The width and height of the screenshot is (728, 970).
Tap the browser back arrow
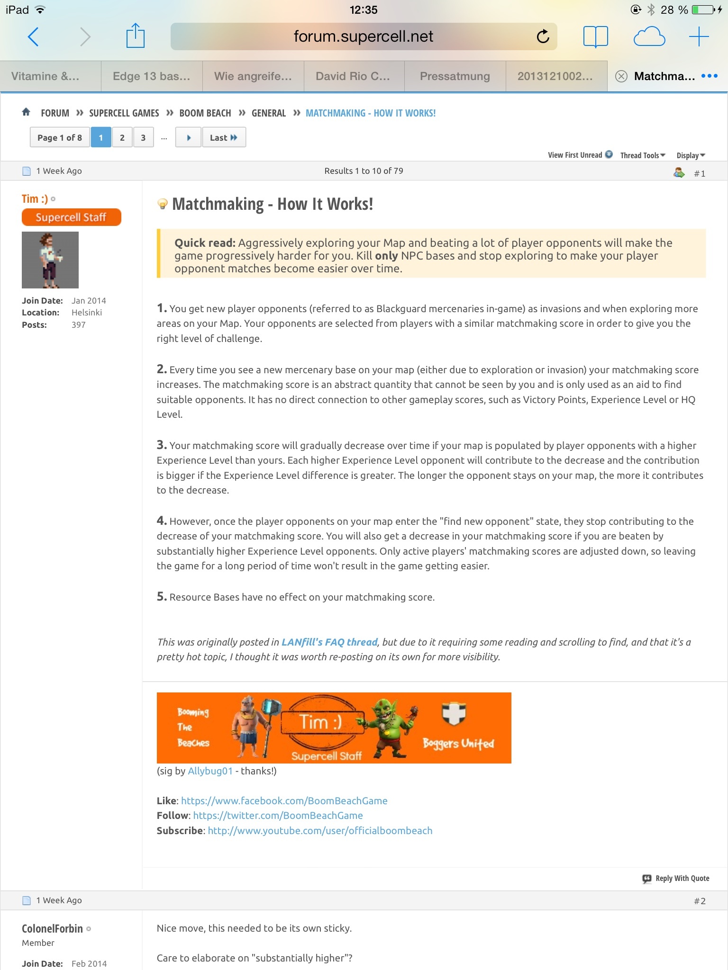click(33, 37)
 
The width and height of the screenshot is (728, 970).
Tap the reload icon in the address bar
click(543, 36)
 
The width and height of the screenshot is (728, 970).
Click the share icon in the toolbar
click(135, 36)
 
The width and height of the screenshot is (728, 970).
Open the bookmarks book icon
click(595, 36)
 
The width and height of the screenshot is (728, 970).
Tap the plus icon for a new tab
click(699, 36)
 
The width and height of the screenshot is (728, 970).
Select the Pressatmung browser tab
click(455, 76)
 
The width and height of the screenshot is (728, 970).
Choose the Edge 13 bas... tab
click(151, 76)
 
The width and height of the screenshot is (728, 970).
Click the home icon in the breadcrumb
click(26, 112)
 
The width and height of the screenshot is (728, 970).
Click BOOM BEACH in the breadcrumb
click(205, 113)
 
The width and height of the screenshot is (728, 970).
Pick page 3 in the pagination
click(143, 138)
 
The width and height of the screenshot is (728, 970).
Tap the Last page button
click(223, 138)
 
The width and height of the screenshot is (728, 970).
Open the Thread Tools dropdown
click(643, 155)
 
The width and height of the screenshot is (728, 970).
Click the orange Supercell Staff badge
click(71, 217)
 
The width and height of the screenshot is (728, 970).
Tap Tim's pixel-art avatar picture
click(50, 260)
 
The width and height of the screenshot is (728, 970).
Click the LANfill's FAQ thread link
click(329, 642)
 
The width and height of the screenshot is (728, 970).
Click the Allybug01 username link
click(210, 771)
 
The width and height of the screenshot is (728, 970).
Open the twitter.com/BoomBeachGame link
click(278, 816)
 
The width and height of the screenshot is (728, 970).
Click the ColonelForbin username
click(52, 929)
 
